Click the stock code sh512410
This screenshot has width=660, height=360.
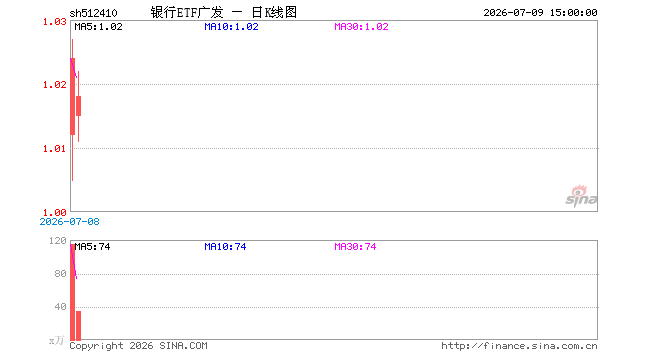coord(93,13)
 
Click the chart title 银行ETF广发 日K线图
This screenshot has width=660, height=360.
coord(224,12)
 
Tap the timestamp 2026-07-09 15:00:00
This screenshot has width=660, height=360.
coord(540,13)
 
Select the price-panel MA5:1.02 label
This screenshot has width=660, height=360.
coord(98,27)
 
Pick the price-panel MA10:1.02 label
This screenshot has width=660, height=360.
coord(232,27)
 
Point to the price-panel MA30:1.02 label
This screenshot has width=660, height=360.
coord(362,27)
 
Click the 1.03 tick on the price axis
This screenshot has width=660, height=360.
coord(55,21)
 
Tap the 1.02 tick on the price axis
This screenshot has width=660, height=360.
coord(55,85)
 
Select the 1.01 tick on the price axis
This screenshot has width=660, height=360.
coord(55,149)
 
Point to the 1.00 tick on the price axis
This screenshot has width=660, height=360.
coord(55,213)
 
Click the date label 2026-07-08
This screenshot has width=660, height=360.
coord(69,221)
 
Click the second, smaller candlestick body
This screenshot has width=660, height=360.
coord(78,106)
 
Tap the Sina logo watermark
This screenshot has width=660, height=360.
coord(581,196)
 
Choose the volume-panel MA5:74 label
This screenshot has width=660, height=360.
coord(93,247)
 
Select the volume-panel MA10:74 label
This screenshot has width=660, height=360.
coord(226,247)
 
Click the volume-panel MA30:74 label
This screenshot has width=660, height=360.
coord(356,247)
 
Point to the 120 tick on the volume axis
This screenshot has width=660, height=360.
coord(58,240)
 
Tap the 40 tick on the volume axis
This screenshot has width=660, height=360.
coord(61,307)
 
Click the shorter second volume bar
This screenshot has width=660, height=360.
coord(78,325)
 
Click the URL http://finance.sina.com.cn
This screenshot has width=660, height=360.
coord(519,346)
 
